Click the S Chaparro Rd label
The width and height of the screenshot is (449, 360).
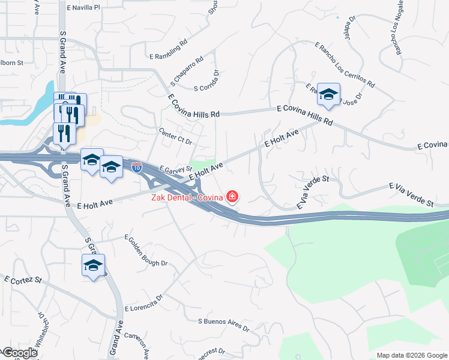pos(187,70)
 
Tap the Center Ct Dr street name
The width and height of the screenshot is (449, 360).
pos(175,137)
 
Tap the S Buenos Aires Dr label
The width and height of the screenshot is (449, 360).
pos(223,324)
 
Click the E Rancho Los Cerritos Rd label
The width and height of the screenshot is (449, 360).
pos(345,66)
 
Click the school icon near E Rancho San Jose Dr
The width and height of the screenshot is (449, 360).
pos(328,94)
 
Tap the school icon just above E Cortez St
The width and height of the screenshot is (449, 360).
pos(93,265)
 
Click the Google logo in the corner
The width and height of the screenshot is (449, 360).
pos(20,353)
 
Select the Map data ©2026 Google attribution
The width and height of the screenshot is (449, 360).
pos(412,355)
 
